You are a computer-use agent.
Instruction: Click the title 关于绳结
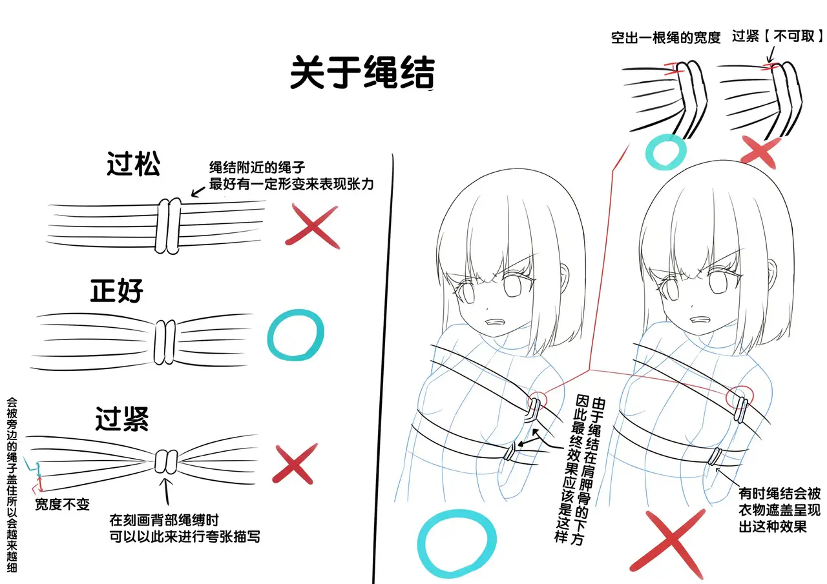coord(362,72)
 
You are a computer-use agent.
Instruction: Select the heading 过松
coord(133,163)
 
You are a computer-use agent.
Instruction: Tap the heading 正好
coord(117,291)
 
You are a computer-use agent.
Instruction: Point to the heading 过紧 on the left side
coord(122,419)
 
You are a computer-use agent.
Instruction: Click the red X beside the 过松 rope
coord(312,226)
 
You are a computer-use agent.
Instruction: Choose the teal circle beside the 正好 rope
coord(295,335)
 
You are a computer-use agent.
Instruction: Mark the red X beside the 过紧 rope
coord(294,463)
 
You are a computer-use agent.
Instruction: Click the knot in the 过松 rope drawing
coord(168,226)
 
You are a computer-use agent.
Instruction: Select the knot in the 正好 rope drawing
coord(165,342)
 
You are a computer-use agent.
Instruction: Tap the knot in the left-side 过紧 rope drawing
coord(166,461)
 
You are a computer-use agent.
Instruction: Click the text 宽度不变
coord(63,504)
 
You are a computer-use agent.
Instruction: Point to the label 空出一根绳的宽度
coord(665,37)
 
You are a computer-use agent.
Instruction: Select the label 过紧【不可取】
coord(777,36)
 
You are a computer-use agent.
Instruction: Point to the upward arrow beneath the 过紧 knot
coord(167,491)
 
